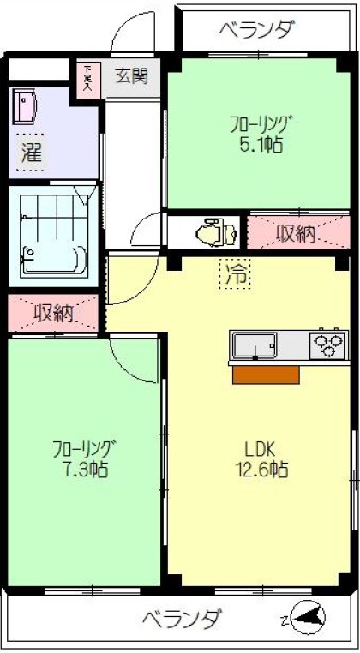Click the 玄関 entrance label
(133, 75)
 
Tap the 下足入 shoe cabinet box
(87, 79)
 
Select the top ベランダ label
(256, 31)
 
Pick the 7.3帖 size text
(84, 470)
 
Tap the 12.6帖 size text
(261, 470)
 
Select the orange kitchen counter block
(267, 374)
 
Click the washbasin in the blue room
(26, 107)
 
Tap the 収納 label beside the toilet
(297, 233)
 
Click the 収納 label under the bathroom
(53, 313)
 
